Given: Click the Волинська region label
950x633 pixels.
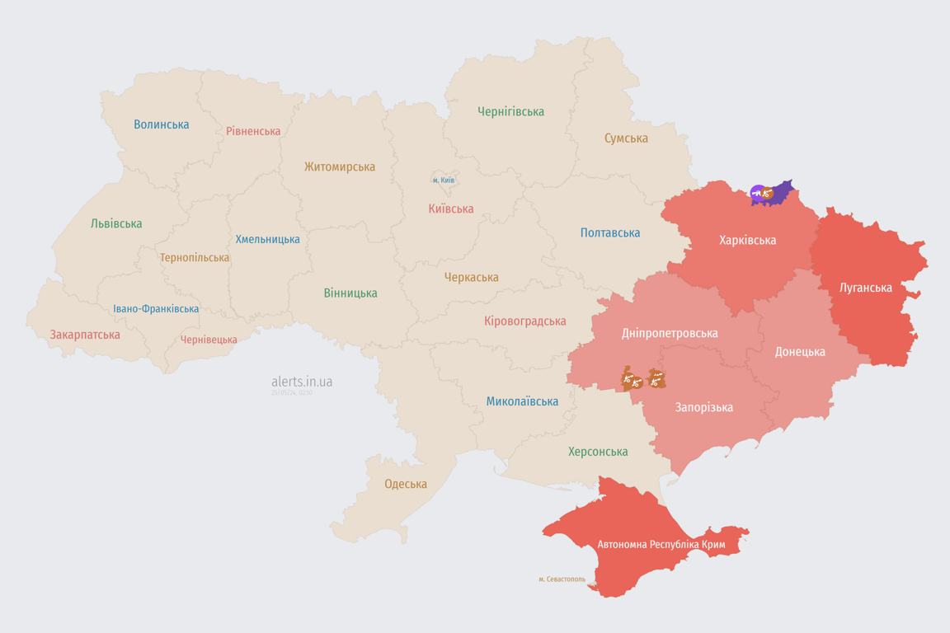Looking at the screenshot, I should click(162, 124).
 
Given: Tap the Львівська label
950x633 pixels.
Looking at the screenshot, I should click(116, 223).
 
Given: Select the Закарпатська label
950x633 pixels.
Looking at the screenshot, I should click(85, 335).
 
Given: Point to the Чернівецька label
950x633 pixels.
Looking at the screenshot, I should click(209, 340).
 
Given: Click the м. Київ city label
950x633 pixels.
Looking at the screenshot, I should click(444, 180).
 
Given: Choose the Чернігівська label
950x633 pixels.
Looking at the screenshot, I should click(510, 111).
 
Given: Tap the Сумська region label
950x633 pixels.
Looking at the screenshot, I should click(626, 138).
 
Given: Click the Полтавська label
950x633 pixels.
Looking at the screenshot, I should click(610, 232).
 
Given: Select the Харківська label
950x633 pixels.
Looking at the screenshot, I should click(747, 241).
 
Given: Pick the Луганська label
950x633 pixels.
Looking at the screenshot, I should click(866, 288).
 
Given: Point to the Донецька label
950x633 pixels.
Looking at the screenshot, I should click(800, 352).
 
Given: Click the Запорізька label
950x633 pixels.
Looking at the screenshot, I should click(704, 407).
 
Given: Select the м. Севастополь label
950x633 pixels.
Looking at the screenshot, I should click(562, 579).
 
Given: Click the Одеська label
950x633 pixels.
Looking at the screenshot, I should click(406, 484).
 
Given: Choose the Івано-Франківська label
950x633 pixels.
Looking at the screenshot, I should click(156, 309).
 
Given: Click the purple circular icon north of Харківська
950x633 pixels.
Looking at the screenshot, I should click(757, 193).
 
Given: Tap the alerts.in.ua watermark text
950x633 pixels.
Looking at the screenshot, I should click(302, 382).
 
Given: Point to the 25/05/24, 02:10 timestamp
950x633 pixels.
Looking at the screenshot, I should click(292, 393).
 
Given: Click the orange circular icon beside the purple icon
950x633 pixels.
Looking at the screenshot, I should click(768, 194).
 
